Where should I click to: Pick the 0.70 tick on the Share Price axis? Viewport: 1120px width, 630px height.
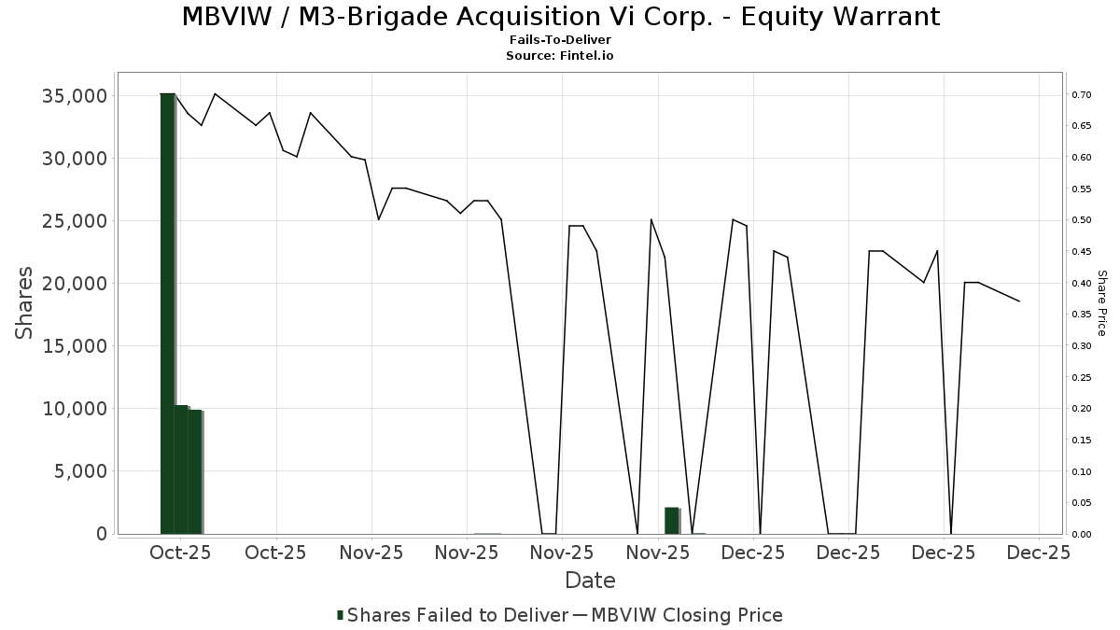pos(1081,95)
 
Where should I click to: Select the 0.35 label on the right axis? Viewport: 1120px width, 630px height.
pos(1081,315)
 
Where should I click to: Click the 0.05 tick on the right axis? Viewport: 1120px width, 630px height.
pos(1081,503)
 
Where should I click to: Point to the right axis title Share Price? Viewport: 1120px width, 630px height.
pos(1101,303)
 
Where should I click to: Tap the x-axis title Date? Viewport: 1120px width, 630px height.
pos(590,581)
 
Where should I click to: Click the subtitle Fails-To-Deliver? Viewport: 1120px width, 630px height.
pos(560,41)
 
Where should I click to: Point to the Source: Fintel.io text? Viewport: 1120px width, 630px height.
pos(560,56)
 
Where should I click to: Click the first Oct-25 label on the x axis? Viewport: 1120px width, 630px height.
pos(180,553)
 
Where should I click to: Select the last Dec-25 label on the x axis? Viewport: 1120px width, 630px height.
pos(1039,553)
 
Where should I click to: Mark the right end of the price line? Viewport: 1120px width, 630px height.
pos(1019,301)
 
